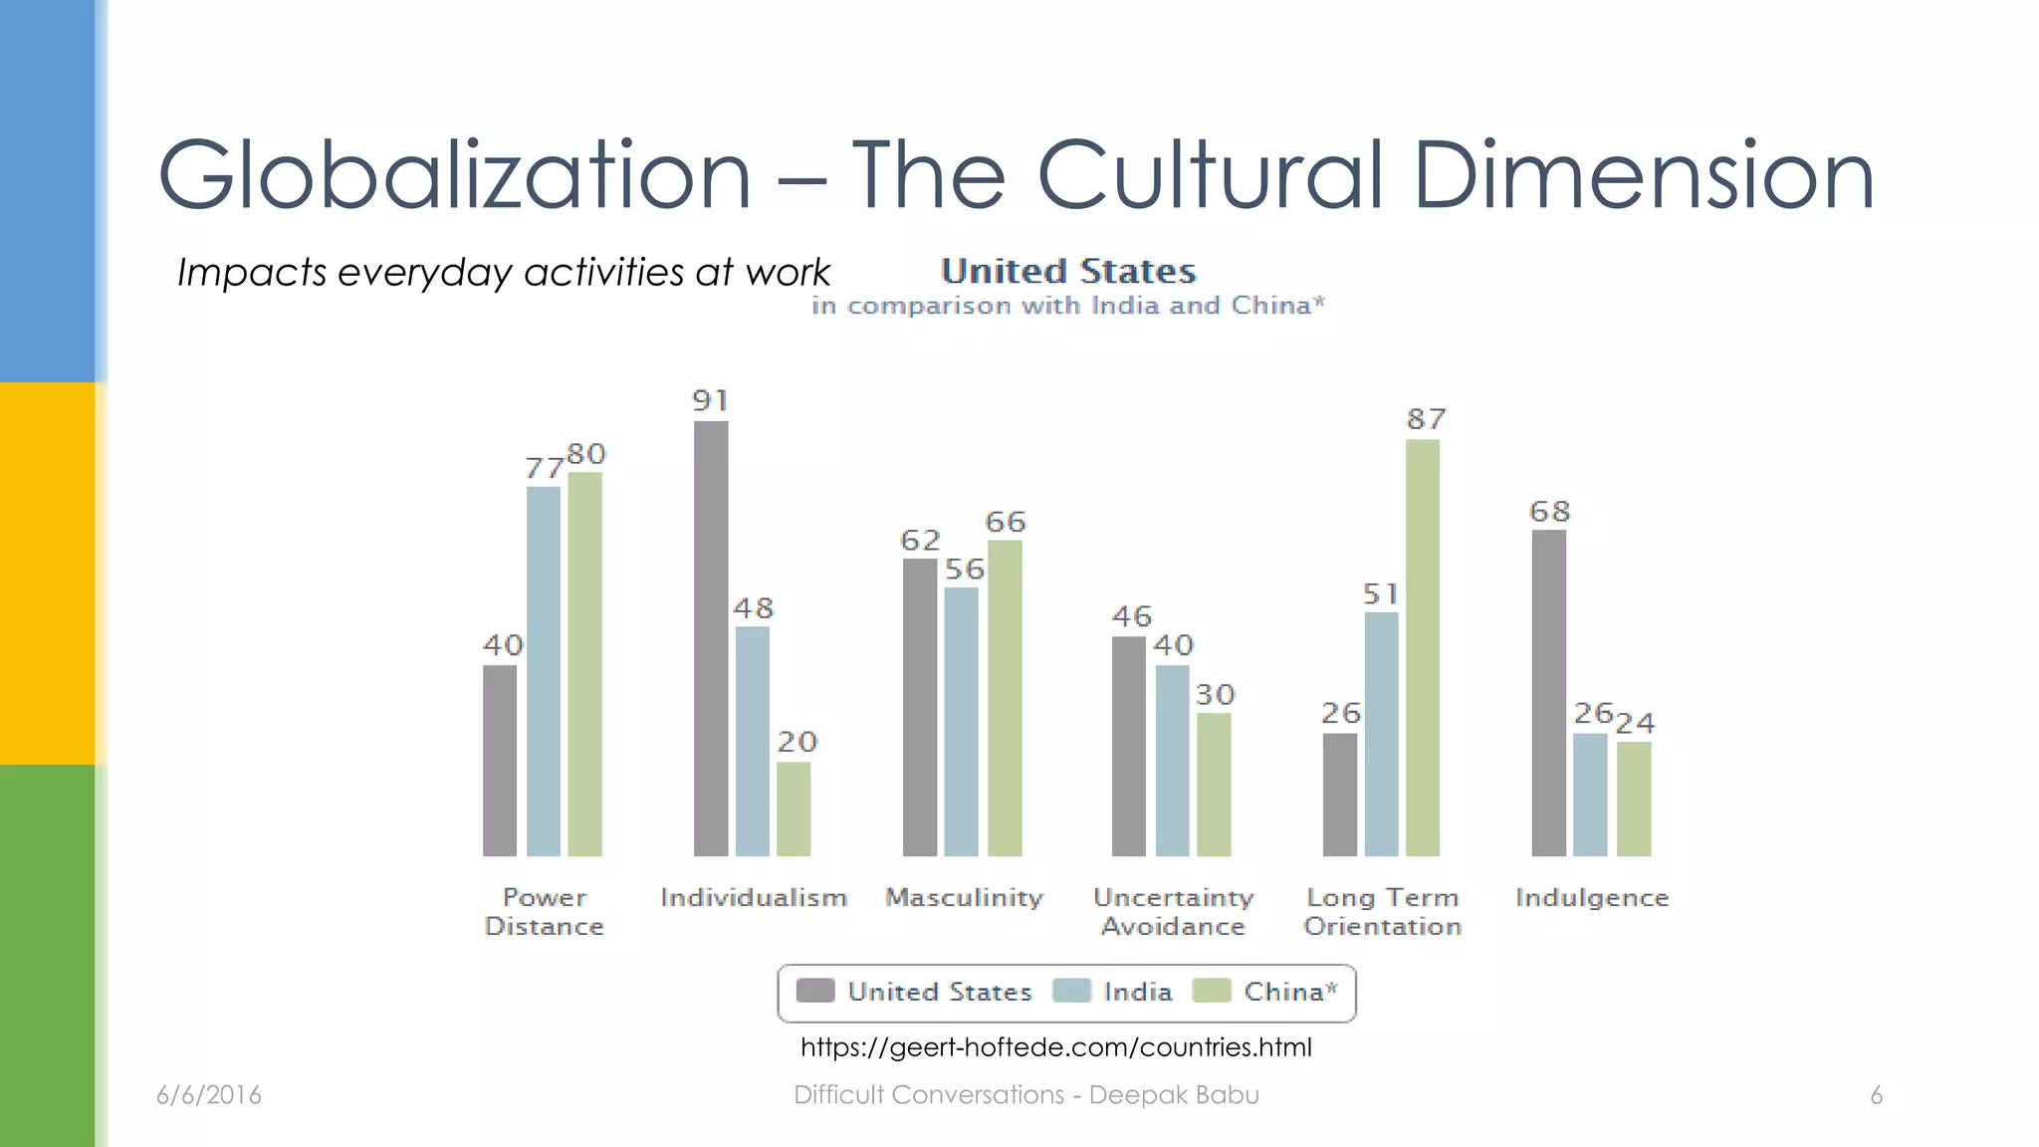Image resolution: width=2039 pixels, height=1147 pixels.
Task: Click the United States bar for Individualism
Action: click(711, 637)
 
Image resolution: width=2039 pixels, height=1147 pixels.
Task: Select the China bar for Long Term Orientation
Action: click(1423, 647)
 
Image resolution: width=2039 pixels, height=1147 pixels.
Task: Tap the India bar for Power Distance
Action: click(544, 671)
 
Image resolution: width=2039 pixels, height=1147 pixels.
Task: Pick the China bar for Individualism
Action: click(793, 808)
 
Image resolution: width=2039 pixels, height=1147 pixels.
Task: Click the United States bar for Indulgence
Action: click(1548, 692)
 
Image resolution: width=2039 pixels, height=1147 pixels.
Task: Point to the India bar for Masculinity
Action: click(961, 721)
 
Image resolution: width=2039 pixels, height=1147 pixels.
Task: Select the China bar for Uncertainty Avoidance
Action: click(1214, 784)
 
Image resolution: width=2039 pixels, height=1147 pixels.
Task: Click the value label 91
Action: click(711, 401)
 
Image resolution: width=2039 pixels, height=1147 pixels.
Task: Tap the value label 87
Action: click(1426, 419)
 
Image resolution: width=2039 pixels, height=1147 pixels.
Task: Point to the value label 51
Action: click(1381, 594)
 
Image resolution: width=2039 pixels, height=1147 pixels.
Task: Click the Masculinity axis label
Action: click(964, 898)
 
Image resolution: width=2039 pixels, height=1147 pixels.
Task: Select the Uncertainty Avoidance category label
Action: click(1173, 912)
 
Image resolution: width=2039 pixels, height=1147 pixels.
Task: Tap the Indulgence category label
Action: click(1591, 898)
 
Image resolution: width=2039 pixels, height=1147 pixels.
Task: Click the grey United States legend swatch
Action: click(815, 991)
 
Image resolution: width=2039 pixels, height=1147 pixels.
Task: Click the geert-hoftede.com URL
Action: click(1055, 1047)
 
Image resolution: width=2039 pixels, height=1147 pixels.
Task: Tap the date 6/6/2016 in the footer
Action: click(209, 1095)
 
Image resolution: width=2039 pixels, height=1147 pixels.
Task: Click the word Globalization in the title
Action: click(454, 175)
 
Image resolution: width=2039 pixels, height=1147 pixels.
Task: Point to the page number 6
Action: click(1876, 1095)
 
